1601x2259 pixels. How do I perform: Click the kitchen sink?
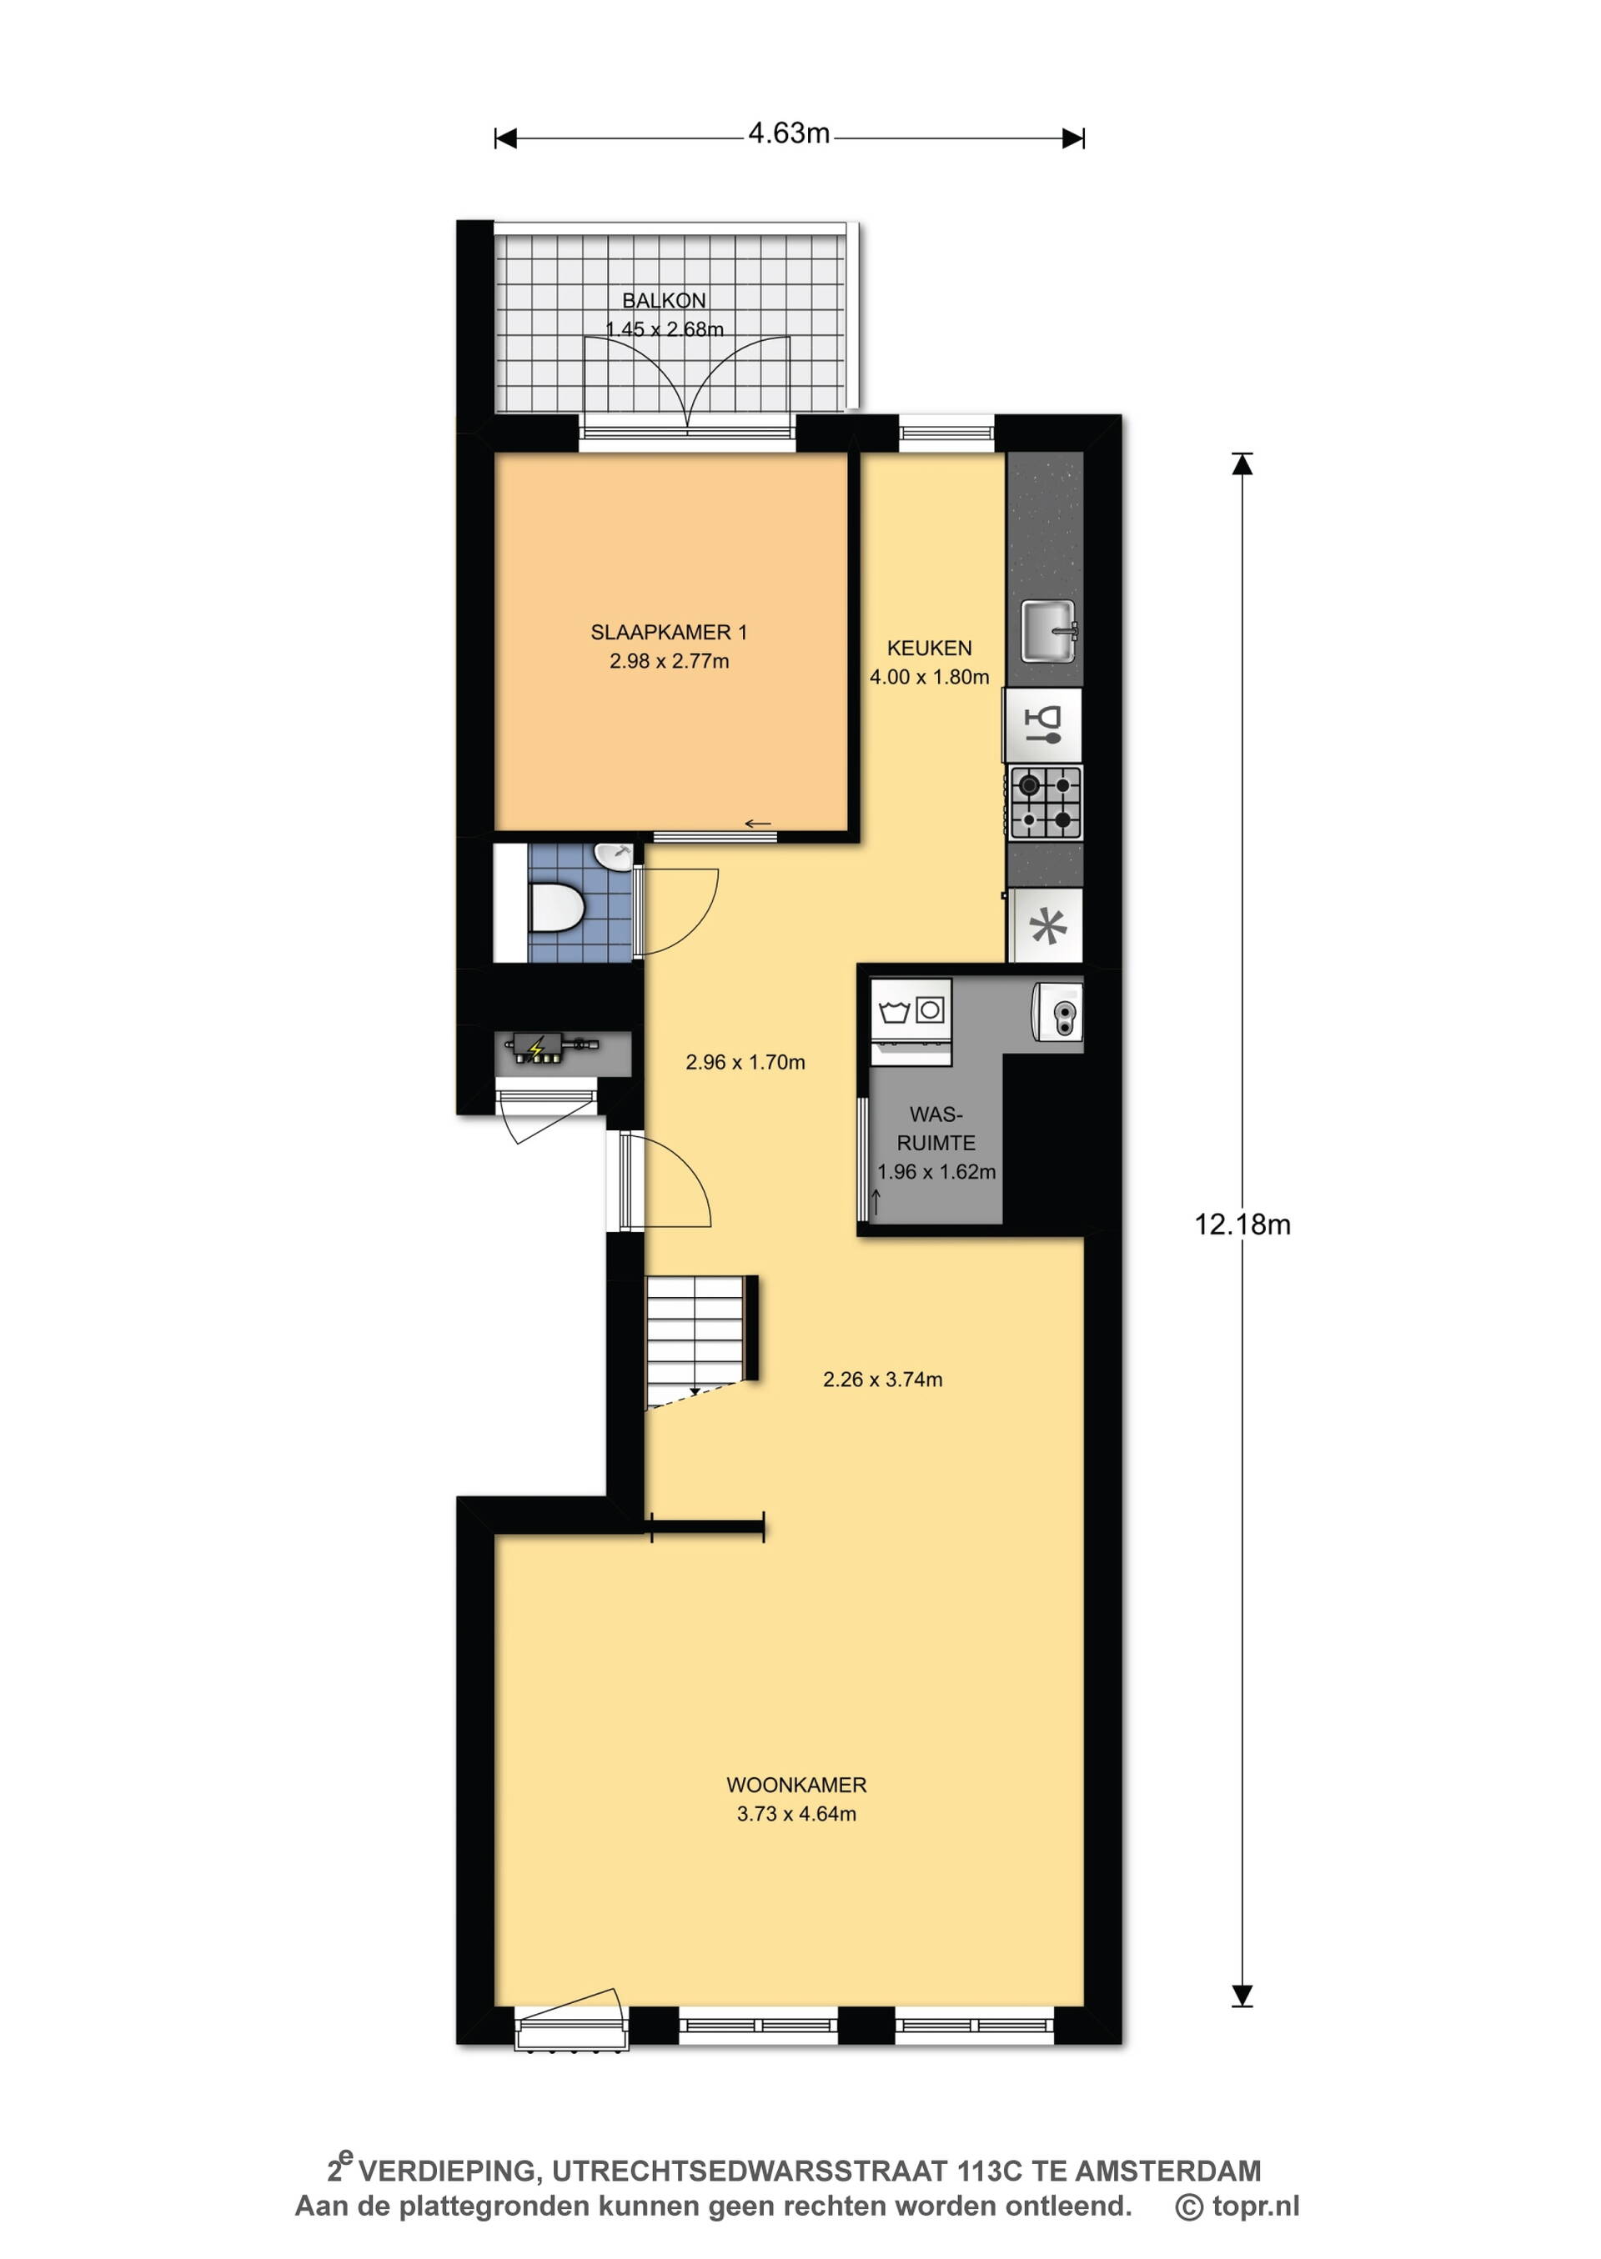pyautogui.click(x=1048, y=631)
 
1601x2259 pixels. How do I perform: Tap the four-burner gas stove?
pyautogui.click(x=1045, y=802)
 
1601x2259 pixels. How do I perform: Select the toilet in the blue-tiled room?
pyautogui.click(x=556, y=908)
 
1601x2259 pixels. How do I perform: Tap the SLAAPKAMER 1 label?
pyautogui.click(x=669, y=632)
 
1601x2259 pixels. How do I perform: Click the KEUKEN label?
pyautogui.click(x=930, y=648)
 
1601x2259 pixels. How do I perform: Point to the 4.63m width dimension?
pyautogui.click(x=789, y=134)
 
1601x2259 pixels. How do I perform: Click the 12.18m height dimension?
pyautogui.click(x=1242, y=1226)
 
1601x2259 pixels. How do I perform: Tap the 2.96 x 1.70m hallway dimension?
pyautogui.click(x=745, y=1063)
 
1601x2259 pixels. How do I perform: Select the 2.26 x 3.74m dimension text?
pyautogui.click(x=882, y=1380)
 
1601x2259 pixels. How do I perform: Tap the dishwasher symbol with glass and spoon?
pyautogui.click(x=1043, y=724)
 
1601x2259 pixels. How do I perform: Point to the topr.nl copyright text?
pyautogui.click(x=1237, y=2206)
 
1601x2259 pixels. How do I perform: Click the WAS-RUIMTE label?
pyautogui.click(x=936, y=1129)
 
